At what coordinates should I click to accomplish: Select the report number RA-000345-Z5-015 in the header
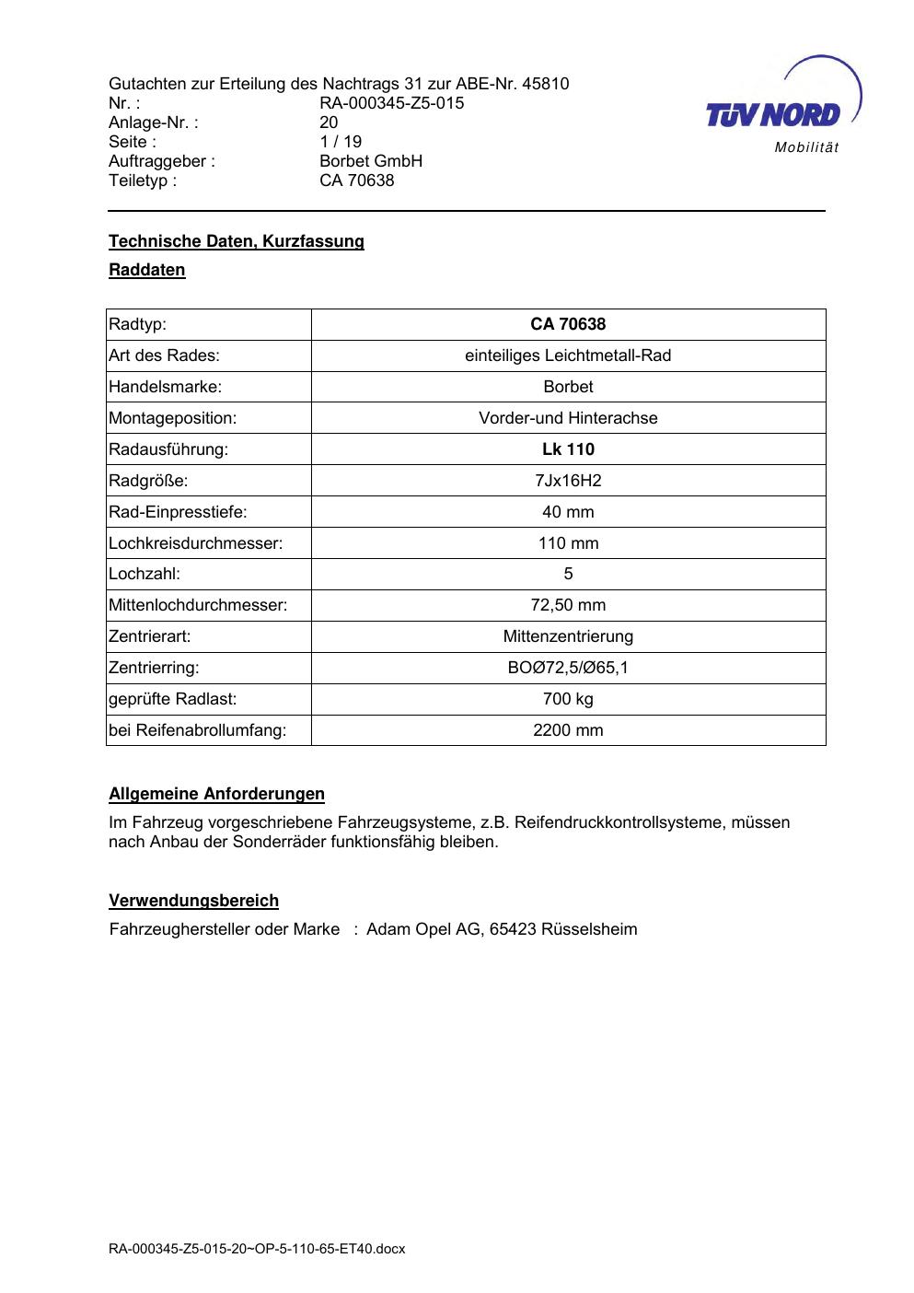(x=391, y=103)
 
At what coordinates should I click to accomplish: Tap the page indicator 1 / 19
(x=341, y=142)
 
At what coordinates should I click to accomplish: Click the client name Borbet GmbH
(x=370, y=161)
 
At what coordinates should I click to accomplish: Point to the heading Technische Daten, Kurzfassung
(x=237, y=241)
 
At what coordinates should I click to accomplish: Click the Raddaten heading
(x=147, y=270)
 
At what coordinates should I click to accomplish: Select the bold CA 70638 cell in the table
(x=568, y=324)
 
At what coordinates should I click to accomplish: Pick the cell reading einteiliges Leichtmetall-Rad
(x=568, y=355)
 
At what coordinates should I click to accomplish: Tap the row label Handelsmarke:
(x=165, y=387)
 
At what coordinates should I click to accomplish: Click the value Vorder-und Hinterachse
(x=568, y=418)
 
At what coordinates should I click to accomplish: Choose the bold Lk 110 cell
(x=568, y=449)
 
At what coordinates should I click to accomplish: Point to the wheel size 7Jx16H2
(x=568, y=481)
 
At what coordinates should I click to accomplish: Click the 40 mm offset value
(x=568, y=512)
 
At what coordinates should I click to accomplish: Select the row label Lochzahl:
(x=145, y=574)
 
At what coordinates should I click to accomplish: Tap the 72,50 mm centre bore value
(x=568, y=605)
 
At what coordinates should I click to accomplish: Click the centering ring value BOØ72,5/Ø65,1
(x=568, y=668)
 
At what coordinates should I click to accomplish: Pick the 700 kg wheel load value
(x=568, y=699)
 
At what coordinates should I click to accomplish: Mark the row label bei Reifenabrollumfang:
(x=197, y=730)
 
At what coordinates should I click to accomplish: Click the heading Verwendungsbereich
(x=193, y=901)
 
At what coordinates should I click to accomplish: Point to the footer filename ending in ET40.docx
(x=257, y=1249)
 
